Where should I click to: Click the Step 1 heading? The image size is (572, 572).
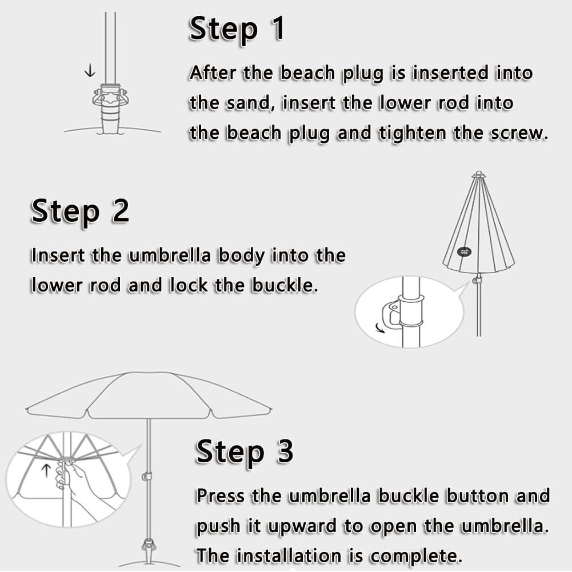click(237, 29)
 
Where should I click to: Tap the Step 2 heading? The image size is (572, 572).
click(80, 211)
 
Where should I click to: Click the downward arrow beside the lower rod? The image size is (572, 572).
click(90, 70)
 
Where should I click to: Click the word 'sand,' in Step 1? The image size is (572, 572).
click(250, 103)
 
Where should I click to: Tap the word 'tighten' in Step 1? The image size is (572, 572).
click(412, 134)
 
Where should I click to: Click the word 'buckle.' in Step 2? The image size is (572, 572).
click(285, 285)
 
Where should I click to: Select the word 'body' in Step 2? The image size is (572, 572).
click(241, 256)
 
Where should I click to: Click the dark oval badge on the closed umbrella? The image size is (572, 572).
click(464, 251)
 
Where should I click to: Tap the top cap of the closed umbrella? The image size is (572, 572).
click(478, 174)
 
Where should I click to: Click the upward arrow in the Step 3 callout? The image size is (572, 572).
click(46, 470)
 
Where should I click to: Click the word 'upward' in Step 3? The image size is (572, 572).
click(301, 527)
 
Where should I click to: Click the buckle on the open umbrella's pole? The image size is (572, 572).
click(147, 477)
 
